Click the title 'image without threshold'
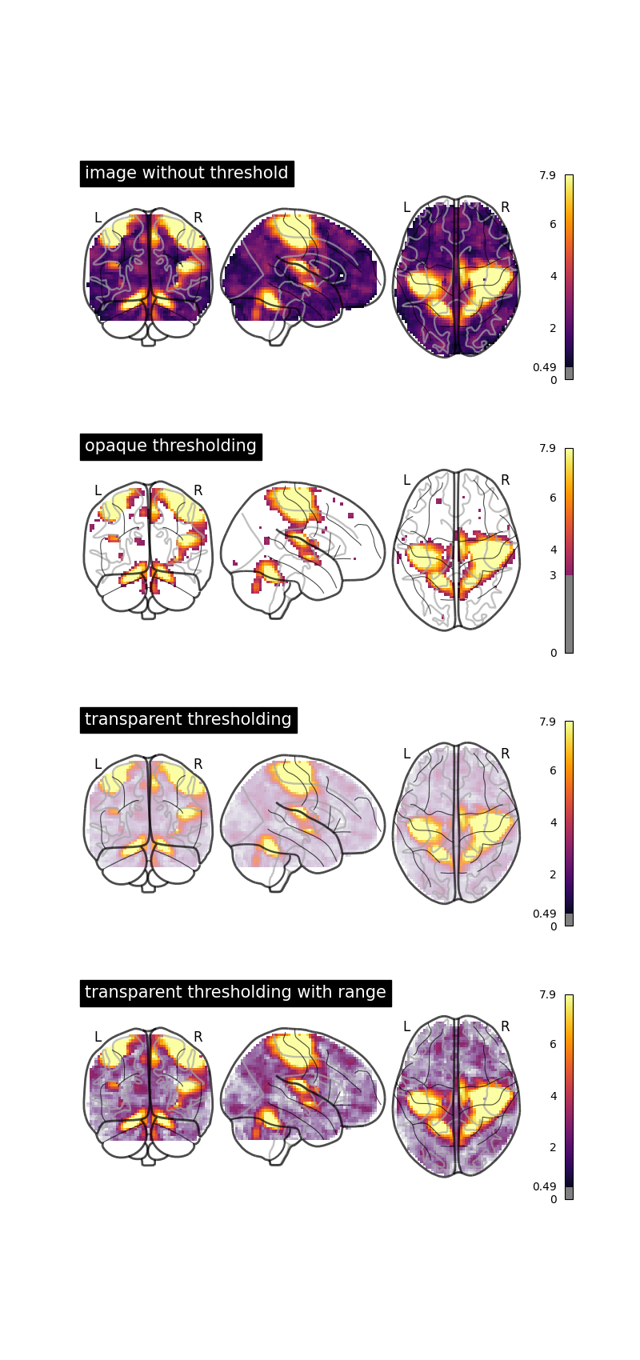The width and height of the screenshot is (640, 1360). point(186,174)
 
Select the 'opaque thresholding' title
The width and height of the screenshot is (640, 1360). point(170,446)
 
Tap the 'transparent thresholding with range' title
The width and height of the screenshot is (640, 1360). point(235,993)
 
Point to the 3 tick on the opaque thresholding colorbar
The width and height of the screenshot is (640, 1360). point(553,576)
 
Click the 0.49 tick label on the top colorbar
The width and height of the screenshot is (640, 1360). point(544,368)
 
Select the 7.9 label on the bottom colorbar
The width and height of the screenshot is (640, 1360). point(547,995)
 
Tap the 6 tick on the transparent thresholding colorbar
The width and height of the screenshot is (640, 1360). point(553,770)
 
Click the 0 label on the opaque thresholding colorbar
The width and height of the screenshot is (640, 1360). point(553,654)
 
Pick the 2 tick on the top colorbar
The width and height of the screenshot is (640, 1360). point(553,329)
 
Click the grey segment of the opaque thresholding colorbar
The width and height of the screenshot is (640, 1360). point(569,614)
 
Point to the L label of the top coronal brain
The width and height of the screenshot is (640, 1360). point(98,218)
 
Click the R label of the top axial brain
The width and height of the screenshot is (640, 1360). point(505,208)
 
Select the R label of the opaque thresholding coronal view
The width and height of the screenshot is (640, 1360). point(198,491)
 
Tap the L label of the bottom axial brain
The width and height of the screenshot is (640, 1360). point(406,1027)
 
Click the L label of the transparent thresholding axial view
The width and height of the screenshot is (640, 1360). point(406,754)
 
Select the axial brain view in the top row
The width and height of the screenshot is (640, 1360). point(456,276)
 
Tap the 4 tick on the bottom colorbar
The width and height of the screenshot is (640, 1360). point(553,1097)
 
